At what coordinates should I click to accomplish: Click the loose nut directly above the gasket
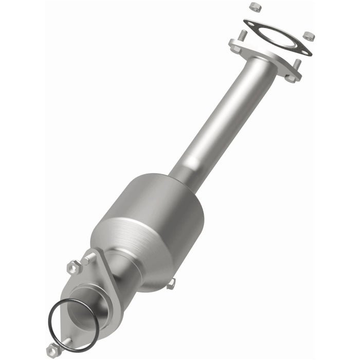point(254,7)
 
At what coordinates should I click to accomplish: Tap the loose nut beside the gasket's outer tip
point(309,36)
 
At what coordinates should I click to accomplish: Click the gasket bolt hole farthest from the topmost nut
point(305,51)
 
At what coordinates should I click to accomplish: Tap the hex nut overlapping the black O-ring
point(53,350)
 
